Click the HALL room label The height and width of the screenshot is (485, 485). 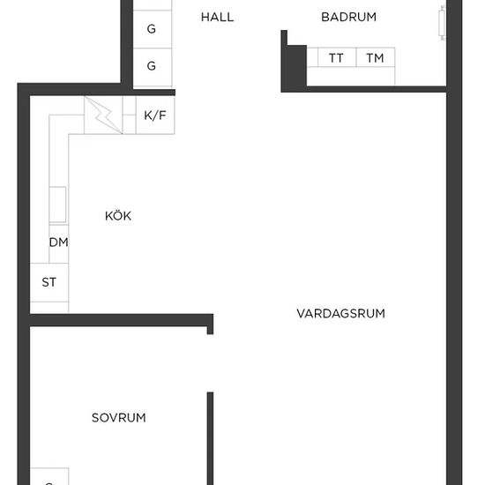coord(217,17)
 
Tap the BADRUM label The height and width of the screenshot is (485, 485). coord(348,17)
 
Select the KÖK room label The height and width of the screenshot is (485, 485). coord(118,215)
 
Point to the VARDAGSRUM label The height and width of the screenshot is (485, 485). coord(341,313)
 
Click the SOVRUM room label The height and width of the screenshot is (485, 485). coord(119,418)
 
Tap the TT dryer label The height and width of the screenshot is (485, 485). coord(336,58)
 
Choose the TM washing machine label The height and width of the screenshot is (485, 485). coord(375,58)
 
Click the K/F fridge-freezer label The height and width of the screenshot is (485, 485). coord(155,116)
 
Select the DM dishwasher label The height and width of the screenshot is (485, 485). coord(59,242)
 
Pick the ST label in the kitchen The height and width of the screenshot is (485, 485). coord(48,282)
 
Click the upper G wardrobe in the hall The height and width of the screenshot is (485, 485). coord(153,29)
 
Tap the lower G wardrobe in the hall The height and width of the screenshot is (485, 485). coord(153,67)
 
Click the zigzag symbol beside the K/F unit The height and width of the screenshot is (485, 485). coord(103,116)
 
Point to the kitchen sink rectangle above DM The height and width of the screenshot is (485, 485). coord(58,205)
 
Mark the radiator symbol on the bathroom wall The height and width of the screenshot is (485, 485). coord(442,23)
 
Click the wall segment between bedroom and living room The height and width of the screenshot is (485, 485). coord(211,438)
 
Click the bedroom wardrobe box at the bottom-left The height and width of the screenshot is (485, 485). coord(49,476)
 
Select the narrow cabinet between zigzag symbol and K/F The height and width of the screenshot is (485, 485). coord(129,116)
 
